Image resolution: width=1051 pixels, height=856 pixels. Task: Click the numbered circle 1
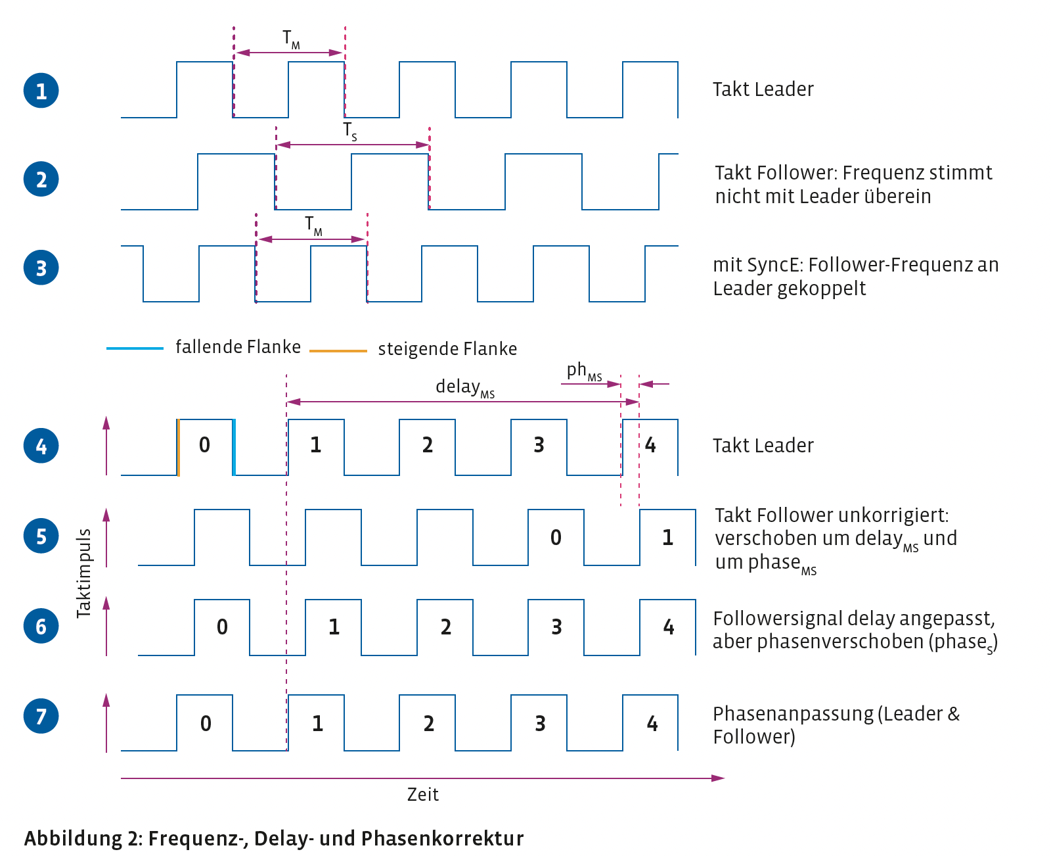coord(41,90)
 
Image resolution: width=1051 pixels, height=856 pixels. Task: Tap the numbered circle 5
coord(41,536)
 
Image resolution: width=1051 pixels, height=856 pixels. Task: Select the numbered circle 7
coord(41,716)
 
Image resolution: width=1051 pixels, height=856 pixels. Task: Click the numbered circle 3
coord(41,268)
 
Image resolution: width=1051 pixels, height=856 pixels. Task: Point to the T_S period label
coord(350,132)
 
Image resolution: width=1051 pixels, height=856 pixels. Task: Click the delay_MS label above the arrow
coord(465,387)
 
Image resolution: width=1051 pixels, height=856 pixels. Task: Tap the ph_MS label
coord(584,371)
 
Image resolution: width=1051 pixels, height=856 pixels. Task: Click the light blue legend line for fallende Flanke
coord(135,348)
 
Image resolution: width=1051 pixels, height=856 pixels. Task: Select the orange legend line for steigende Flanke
coord(338,350)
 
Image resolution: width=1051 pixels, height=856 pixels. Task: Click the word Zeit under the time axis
coord(422,794)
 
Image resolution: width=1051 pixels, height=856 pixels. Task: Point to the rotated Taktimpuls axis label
coord(84,573)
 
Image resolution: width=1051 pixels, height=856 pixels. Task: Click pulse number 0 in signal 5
coord(556,537)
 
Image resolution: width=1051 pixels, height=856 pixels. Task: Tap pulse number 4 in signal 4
coord(650,445)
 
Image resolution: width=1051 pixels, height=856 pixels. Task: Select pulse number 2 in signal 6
coord(445,627)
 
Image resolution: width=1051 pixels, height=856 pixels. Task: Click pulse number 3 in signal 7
coord(541,724)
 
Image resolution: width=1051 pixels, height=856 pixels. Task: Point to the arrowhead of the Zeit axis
coord(718,778)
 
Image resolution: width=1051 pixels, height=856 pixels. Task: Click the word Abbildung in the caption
coord(74,838)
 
